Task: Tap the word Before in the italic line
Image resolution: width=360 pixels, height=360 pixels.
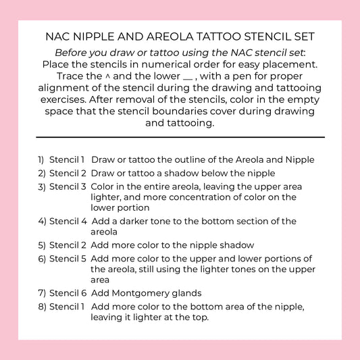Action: pos(74,53)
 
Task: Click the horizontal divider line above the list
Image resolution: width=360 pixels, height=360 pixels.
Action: pos(180,137)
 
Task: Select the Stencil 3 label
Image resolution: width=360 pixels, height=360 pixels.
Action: pos(68,186)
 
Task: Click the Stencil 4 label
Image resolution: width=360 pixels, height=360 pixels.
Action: pos(68,221)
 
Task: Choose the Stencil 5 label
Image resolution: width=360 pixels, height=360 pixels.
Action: pos(68,259)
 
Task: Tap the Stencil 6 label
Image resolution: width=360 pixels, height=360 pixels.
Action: pos(68,293)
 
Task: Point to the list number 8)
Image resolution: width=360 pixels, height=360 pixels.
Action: pos(42,306)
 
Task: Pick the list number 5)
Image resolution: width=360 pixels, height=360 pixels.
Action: pos(42,245)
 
